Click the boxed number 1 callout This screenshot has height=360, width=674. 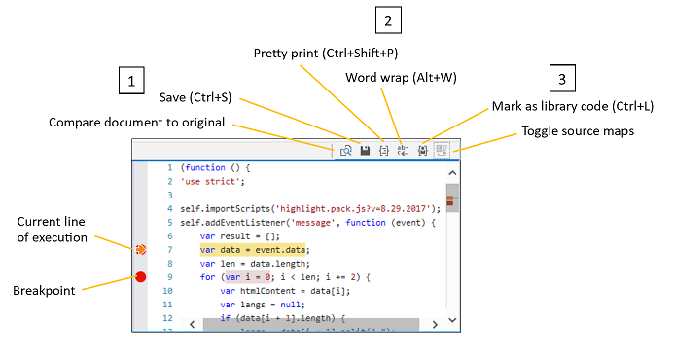(x=131, y=80)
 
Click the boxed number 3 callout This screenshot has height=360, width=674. (x=562, y=80)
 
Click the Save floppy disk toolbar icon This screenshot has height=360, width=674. (x=365, y=151)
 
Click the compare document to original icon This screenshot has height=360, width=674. (x=346, y=151)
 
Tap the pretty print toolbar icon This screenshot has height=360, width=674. (x=383, y=151)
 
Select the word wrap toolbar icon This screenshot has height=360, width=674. (x=403, y=151)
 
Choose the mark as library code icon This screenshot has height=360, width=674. (x=422, y=151)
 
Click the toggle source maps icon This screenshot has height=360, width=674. (x=442, y=151)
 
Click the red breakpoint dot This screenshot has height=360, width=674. (x=141, y=278)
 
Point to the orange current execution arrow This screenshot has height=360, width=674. (x=141, y=250)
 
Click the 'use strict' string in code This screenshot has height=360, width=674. (x=213, y=181)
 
